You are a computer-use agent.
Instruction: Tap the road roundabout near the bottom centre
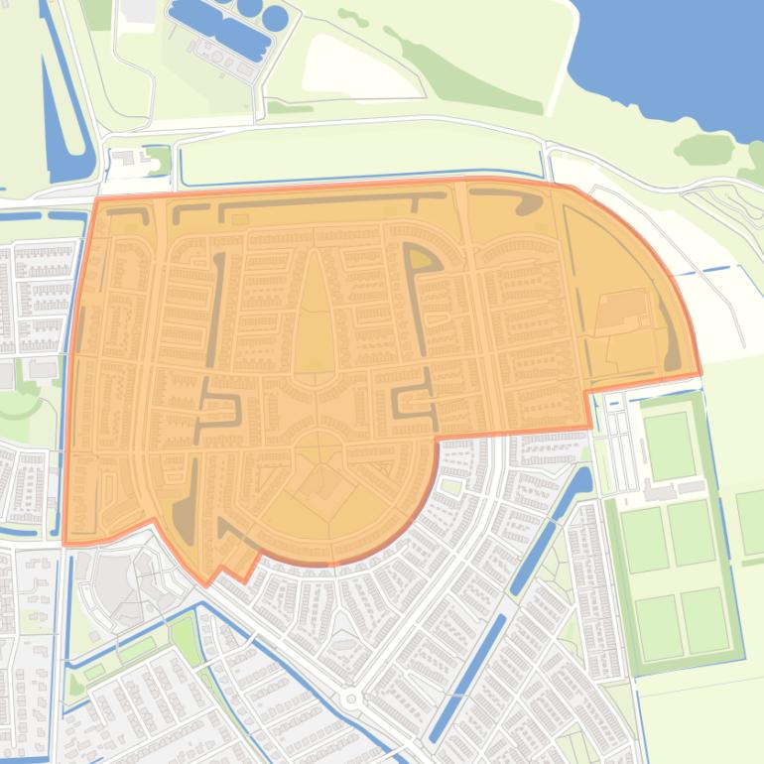pos(350,699)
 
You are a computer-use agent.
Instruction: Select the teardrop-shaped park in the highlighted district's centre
pos(315,318)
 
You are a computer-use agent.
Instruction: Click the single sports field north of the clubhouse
pos(669,446)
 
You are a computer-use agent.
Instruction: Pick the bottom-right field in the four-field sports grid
pos(704,620)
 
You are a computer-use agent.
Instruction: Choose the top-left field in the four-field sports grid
pos(645,539)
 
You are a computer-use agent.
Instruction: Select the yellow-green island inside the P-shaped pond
pos(424,259)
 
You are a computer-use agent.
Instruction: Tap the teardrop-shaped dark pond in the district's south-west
pos(185,516)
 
